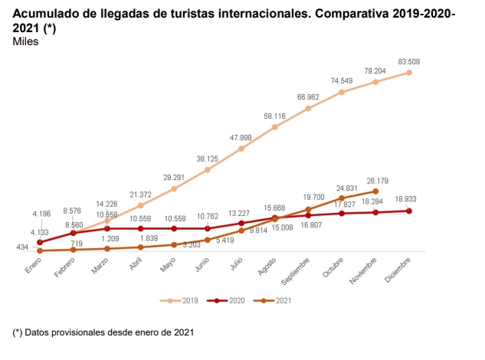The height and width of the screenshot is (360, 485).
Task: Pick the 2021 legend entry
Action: coord(277,300)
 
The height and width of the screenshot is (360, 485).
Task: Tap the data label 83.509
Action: coord(409,61)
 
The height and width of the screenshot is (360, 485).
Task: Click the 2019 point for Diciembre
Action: coord(409,73)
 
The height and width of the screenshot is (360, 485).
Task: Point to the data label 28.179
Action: coord(375,181)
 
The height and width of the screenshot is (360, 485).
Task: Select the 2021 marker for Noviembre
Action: coord(375,191)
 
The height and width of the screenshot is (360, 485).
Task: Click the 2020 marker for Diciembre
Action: coord(409,211)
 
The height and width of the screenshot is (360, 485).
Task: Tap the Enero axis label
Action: coord(32,264)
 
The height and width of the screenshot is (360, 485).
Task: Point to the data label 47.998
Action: coord(241,137)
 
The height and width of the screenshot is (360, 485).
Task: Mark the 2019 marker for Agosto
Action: coord(274,126)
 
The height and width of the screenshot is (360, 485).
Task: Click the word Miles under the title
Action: coord(25,41)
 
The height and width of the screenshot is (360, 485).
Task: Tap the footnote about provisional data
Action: coord(103,332)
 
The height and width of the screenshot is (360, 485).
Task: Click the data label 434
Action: coord(23,247)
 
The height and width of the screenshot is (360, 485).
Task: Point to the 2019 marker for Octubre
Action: coord(342,92)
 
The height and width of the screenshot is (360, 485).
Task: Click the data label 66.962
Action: coord(308,97)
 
